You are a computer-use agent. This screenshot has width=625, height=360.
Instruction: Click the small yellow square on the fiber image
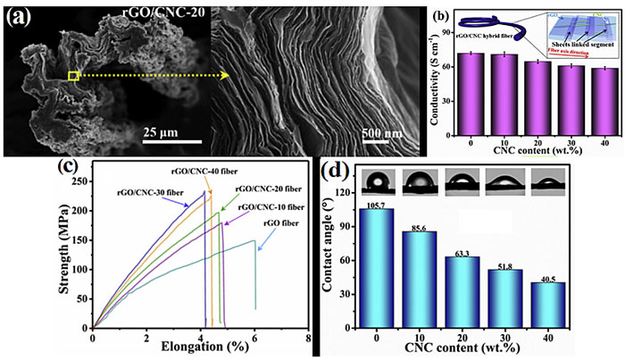tap(74, 77)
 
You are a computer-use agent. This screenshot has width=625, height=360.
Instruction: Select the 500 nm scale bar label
tap(386, 135)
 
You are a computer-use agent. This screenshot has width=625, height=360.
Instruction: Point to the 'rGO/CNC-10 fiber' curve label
tap(271, 207)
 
